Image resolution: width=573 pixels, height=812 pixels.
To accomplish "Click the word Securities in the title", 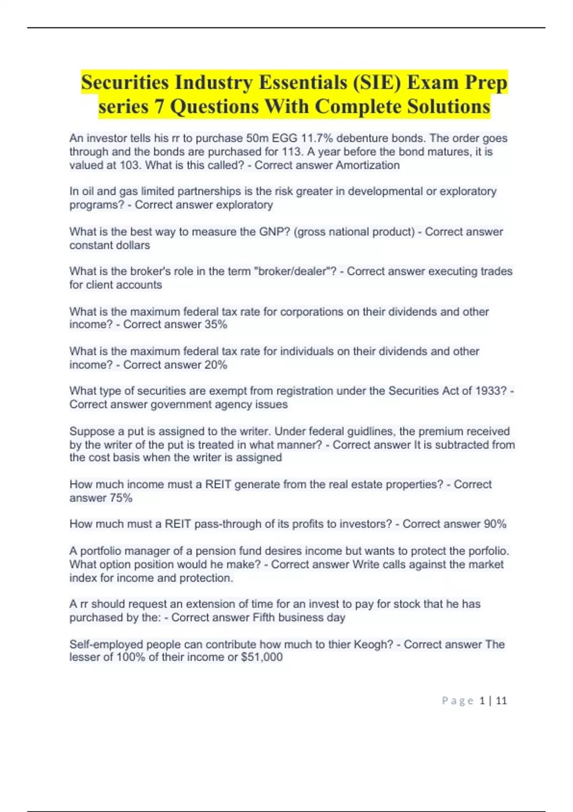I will pyautogui.click(x=125, y=82).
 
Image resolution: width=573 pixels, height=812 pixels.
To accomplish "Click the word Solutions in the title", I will pyautogui.click(x=448, y=106).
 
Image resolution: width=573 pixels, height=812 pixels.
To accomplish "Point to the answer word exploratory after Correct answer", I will pyautogui.click(x=244, y=205).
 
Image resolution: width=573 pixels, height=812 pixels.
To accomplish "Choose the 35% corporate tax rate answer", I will pyautogui.click(x=216, y=325).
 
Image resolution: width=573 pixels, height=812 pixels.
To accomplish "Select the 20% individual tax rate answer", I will pyautogui.click(x=216, y=365).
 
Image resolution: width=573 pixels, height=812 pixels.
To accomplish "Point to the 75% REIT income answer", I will pyautogui.click(x=121, y=498).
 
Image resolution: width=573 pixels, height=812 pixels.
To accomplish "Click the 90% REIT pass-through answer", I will pyautogui.click(x=495, y=524).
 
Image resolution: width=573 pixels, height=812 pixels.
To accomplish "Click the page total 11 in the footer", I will pyautogui.click(x=501, y=701).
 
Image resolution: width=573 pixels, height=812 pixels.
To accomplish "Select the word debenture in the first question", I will pyautogui.click(x=362, y=139).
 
